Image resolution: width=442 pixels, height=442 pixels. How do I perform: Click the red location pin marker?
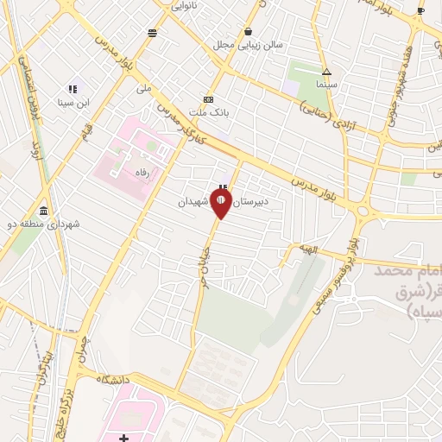pos(221,203)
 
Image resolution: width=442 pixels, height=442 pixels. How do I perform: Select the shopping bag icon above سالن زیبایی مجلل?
pos(249,31)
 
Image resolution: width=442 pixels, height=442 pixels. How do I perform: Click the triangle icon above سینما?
pos(326,73)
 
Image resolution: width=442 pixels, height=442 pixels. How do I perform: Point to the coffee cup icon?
pos(420,10)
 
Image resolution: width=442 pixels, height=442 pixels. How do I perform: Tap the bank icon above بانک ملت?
pos(207,98)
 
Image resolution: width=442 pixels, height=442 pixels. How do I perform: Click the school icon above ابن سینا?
pos(73,89)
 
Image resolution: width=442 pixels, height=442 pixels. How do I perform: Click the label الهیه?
pos(308,249)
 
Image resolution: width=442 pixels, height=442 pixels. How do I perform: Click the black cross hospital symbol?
pos(124,438)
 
